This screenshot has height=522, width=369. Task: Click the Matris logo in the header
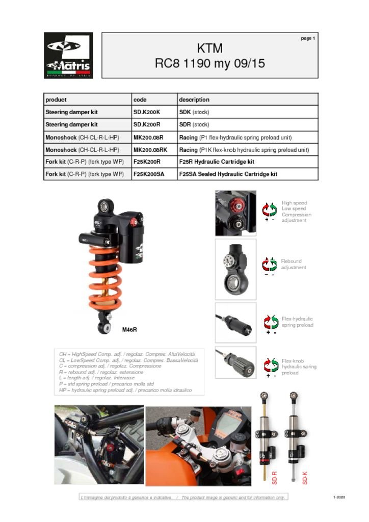coord(68,56)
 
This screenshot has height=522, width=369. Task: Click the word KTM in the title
coord(209,49)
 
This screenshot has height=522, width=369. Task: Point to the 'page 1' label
coord(308,38)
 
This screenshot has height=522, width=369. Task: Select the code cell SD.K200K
coord(147,112)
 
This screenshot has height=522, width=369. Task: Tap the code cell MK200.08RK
coord(150,150)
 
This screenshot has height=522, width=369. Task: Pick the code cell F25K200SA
coord(149,174)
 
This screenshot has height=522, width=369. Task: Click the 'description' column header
coord(194,100)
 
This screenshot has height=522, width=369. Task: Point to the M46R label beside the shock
coord(129,330)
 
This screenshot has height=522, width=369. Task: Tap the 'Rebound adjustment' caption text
coord(293,264)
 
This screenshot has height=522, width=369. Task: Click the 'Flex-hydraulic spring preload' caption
coord(297,322)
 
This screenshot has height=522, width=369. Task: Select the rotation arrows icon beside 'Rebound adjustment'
coord(270,264)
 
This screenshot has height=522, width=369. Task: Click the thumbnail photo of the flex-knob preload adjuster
coord(235,362)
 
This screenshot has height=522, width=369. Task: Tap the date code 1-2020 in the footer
coord(339,497)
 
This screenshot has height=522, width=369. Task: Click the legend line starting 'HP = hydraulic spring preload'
coord(125,390)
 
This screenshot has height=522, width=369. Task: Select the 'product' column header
coord(56,100)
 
